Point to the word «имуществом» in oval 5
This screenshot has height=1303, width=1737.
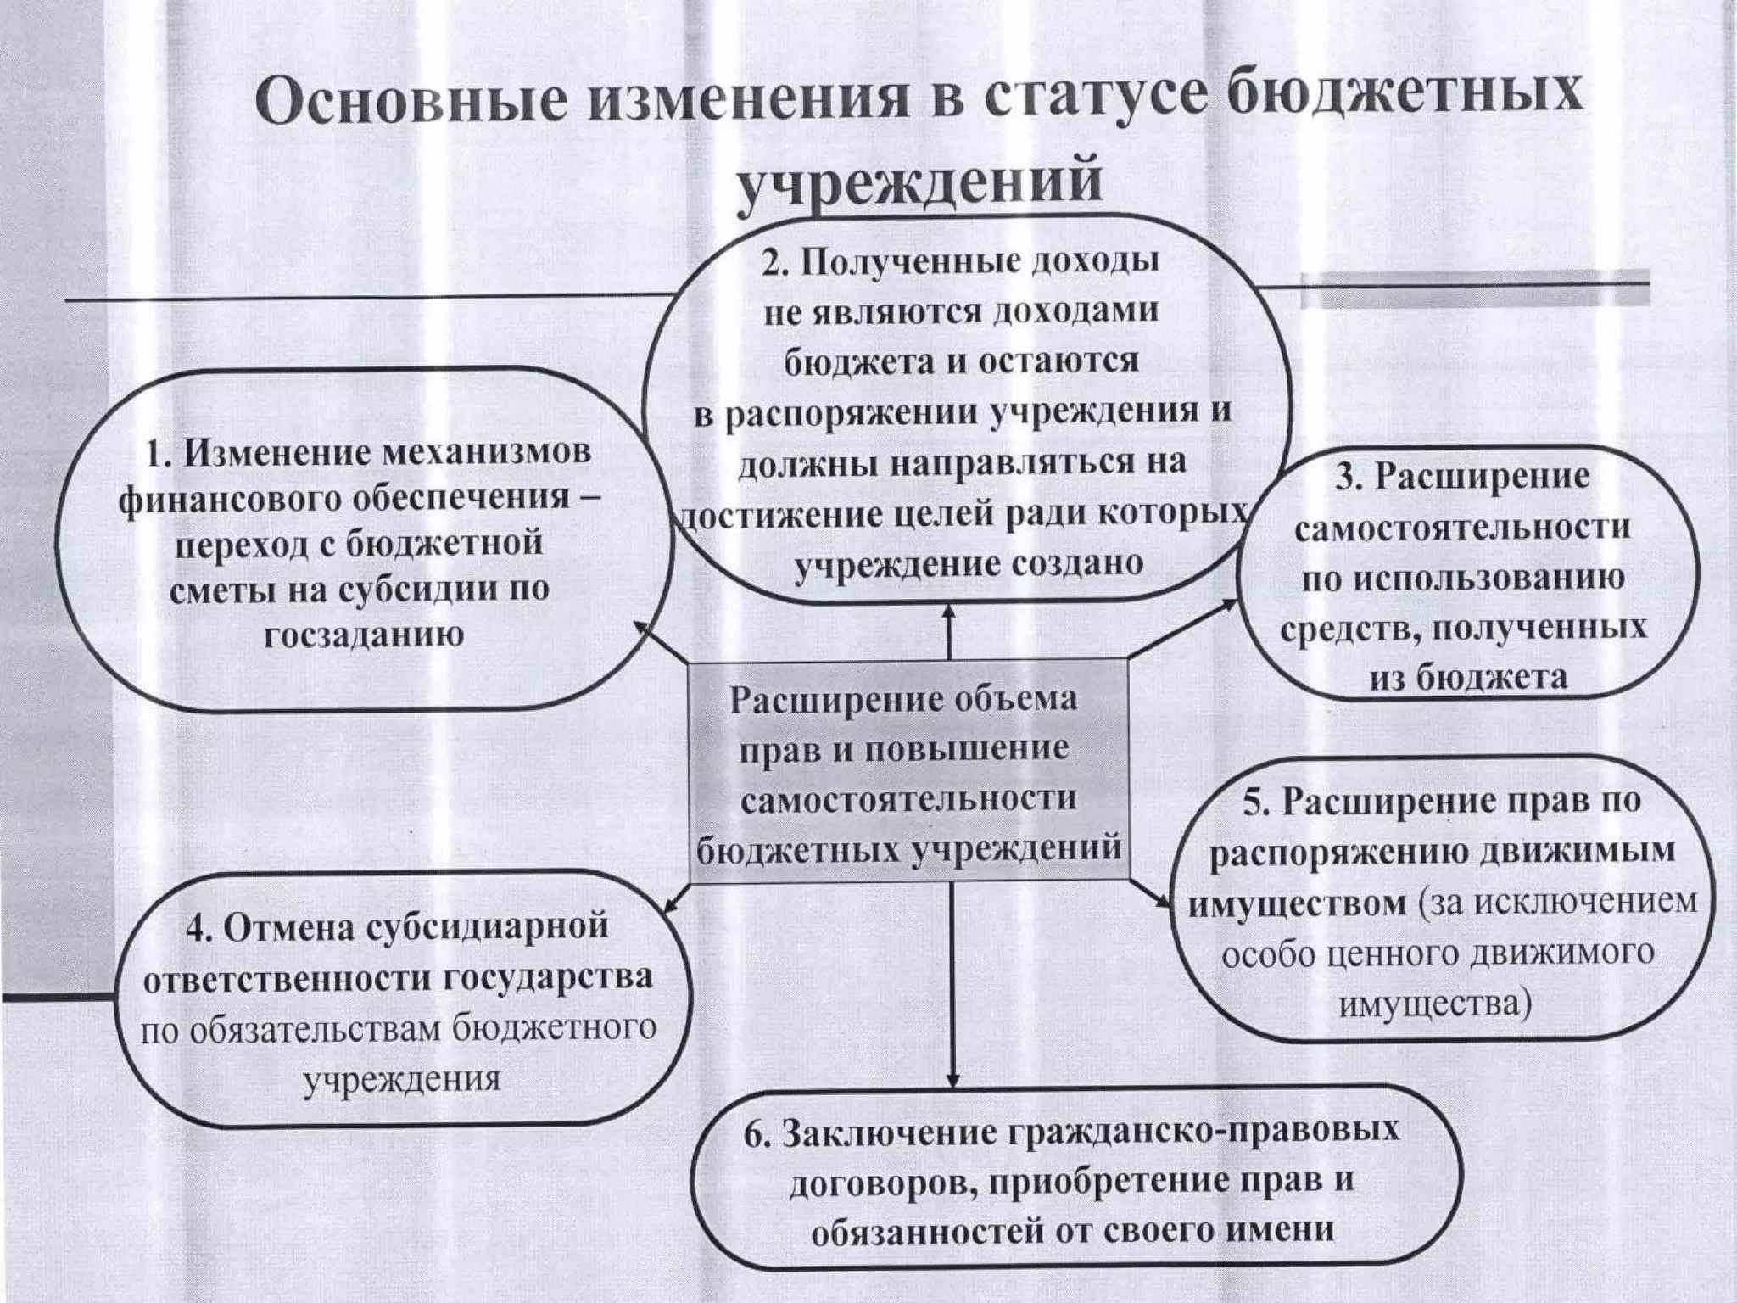point(1299,902)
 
